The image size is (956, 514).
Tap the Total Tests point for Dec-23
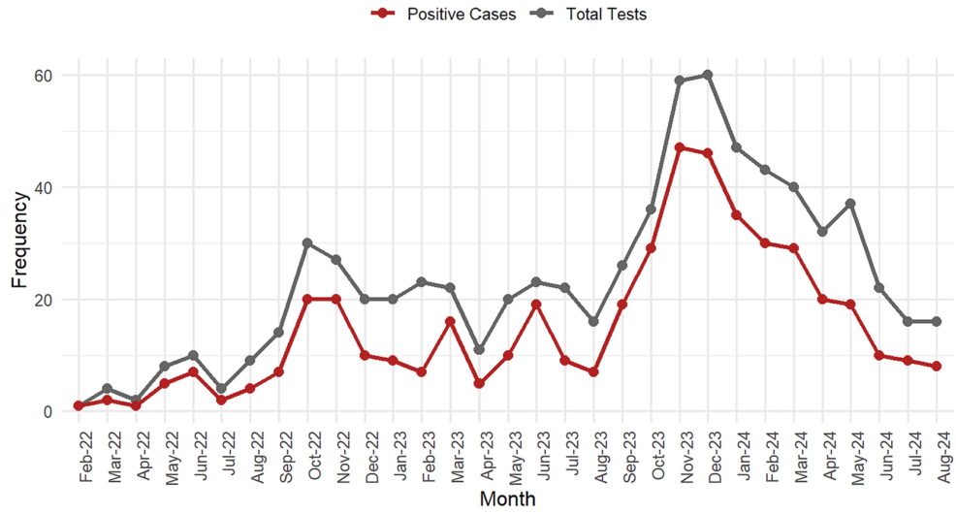(708, 75)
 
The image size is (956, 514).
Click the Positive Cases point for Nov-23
(680, 147)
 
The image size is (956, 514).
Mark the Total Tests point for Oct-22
(307, 242)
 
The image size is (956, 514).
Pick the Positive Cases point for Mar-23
(450, 321)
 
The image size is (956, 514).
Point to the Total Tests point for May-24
(851, 204)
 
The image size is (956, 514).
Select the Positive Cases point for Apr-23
(479, 383)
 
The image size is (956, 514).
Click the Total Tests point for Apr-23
(479, 349)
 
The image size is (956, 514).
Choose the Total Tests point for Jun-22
(193, 355)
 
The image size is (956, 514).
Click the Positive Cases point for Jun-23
(536, 305)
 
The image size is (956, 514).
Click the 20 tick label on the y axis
(46, 300)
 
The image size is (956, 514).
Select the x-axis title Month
(508, 499)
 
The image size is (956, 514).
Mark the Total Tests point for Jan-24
(737, 147)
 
